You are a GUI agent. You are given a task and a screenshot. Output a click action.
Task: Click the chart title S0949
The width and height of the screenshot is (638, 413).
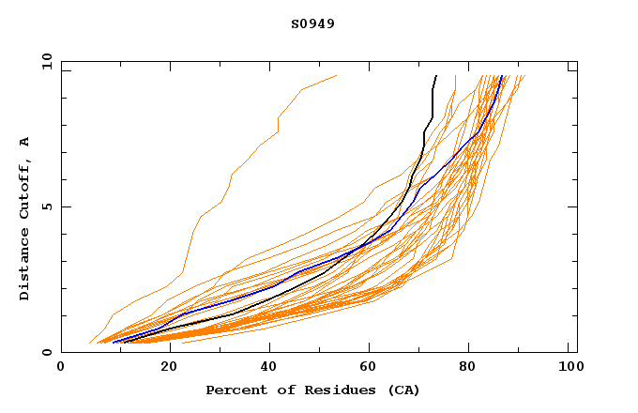312,23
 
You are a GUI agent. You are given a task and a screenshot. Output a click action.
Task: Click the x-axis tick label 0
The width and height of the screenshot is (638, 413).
61,370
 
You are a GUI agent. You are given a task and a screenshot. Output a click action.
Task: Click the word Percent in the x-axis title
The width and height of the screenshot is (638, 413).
235,390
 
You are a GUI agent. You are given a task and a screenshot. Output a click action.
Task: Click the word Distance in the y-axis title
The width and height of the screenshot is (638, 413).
25,268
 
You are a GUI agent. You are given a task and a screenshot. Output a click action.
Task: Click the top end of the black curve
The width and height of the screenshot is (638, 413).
436,76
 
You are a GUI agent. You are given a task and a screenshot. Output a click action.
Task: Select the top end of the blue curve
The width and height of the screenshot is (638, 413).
503,76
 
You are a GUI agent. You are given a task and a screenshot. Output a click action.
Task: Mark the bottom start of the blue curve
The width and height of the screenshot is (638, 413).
113,343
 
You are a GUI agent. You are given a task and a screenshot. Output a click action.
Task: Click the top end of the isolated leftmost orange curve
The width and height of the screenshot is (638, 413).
336,76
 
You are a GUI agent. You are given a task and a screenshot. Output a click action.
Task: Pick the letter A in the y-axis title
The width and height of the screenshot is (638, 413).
25,142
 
